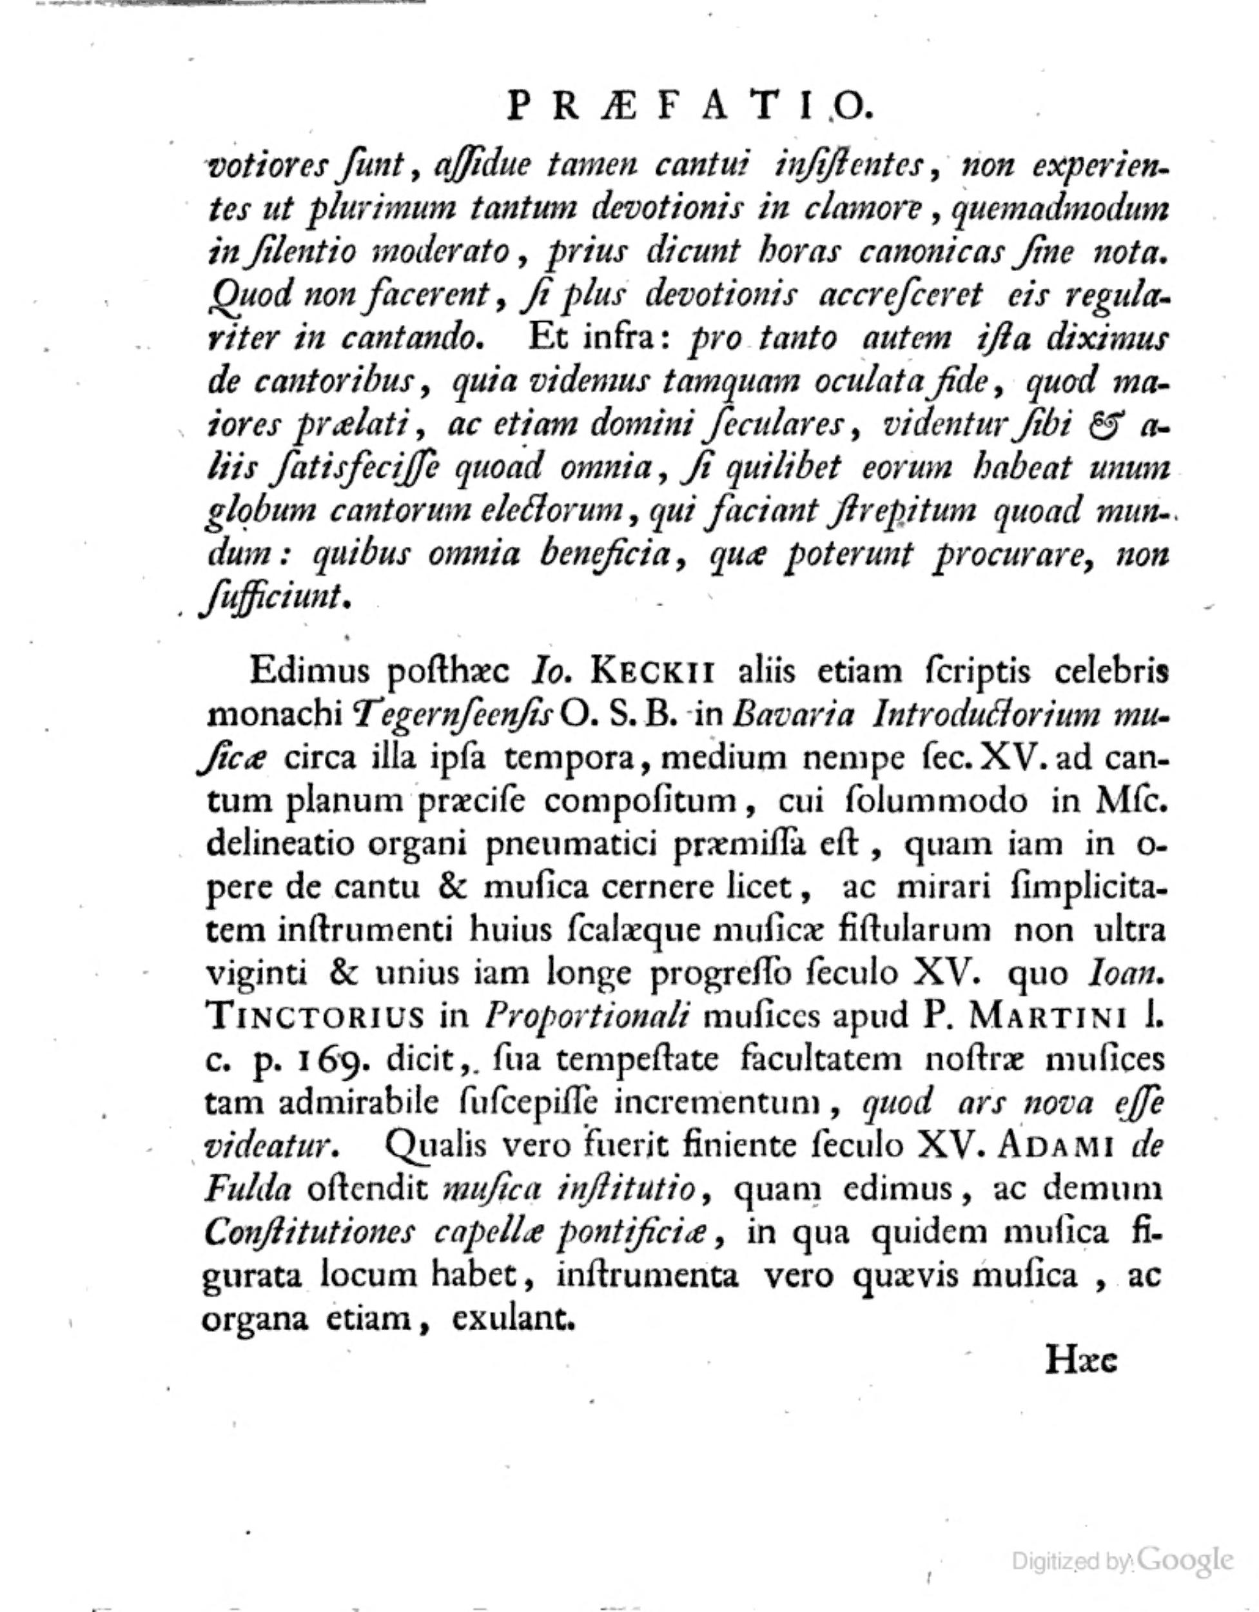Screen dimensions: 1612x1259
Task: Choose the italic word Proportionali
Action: pos(586,1016)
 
